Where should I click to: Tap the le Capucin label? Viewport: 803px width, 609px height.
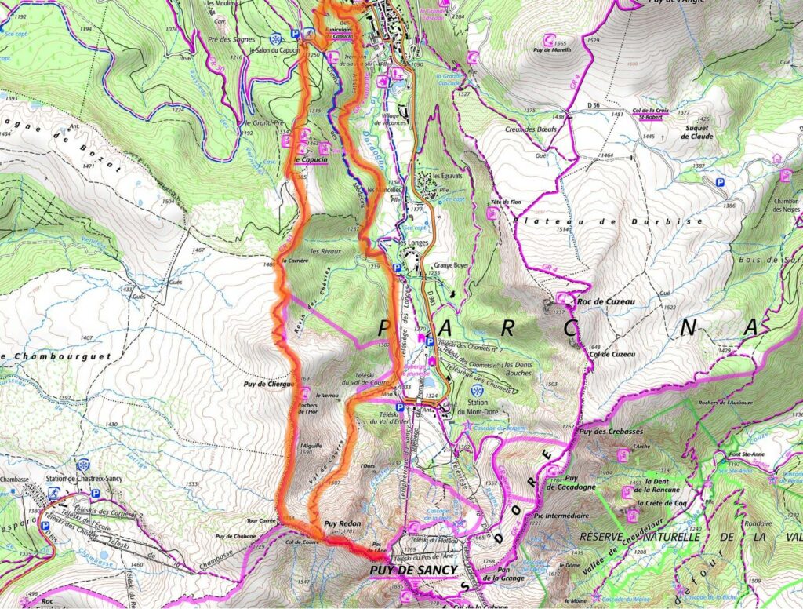tap(311, 159)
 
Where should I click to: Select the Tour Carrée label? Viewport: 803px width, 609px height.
tap(261, 521)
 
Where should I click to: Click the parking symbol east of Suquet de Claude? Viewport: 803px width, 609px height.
tap(719, 182)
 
